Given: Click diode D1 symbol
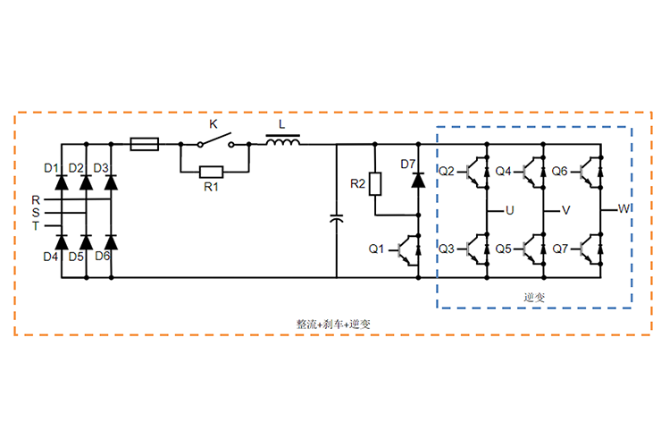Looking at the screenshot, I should click(x=62, y=182).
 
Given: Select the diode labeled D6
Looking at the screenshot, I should click(x=111, y=241).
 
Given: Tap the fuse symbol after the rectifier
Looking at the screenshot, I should click(x=145, y=143).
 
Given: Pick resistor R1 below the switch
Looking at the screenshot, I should click(x=212, y=171).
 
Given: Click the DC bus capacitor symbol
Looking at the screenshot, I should click(x=336, y=217).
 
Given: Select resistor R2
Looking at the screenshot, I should click(x=376, y=185).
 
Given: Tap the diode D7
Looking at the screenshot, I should click(x=417, y=179).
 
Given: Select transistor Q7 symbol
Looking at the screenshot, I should click(x=590, y=249).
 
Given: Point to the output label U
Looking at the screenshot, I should click(x=509, y=211).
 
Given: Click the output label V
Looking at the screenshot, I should click(x=565, y=211).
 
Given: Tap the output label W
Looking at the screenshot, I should click(x=624, y=208).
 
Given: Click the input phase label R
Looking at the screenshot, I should click(x=36, y=199).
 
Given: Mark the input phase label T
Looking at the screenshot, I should click(x=36, y=226).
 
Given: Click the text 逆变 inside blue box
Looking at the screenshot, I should click(x=535, y=296).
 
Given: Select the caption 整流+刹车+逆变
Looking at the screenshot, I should click(x=332, y=324).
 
